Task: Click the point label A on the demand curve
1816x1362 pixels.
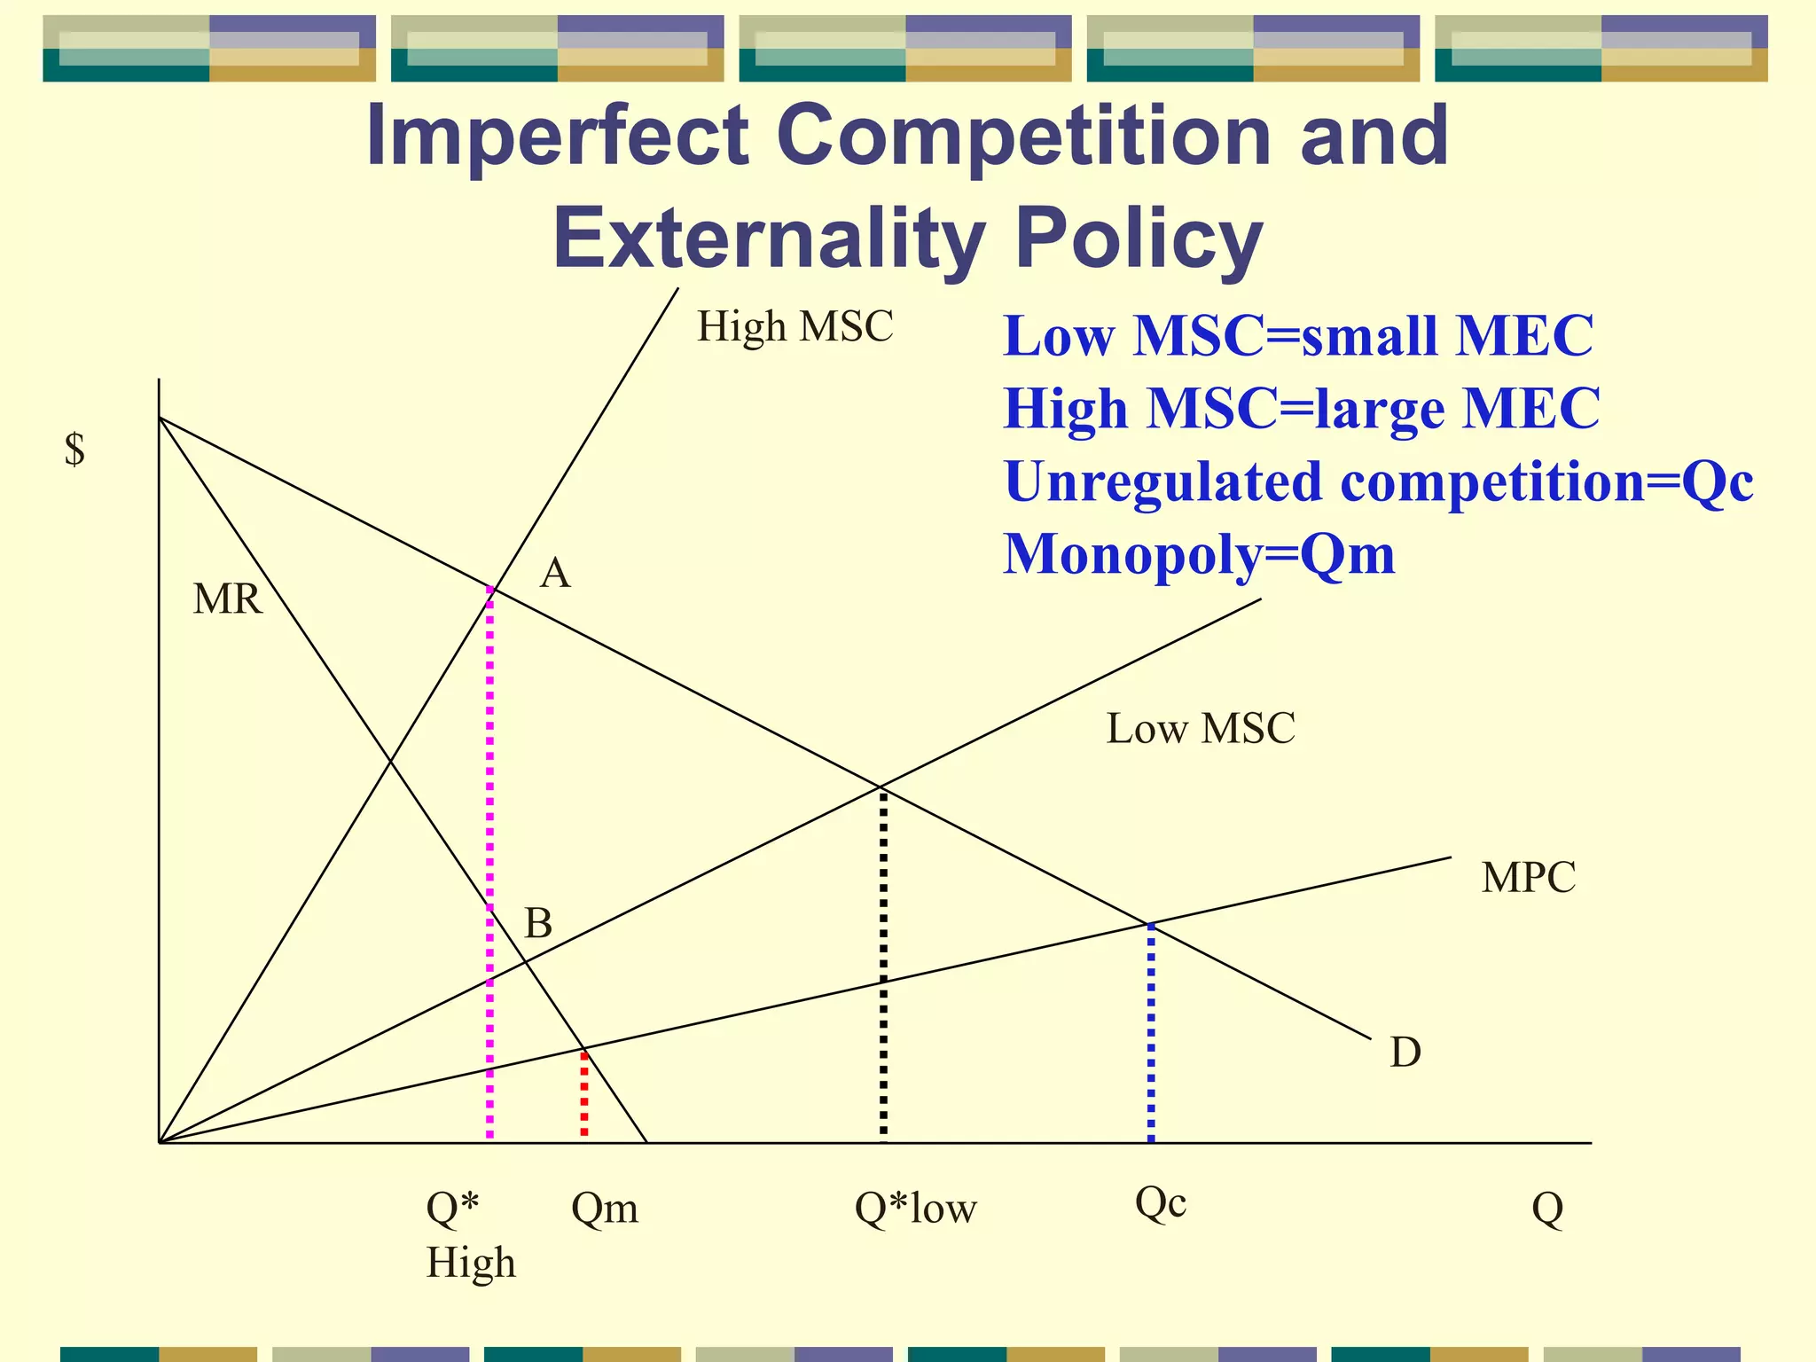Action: [555, 574]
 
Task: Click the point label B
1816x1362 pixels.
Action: [538, 924]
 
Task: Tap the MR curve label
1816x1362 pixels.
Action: [228, 599]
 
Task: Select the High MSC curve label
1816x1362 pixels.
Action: [794, 326]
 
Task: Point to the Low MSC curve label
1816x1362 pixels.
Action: [1201, 729]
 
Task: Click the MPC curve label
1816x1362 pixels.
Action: [1529, 878]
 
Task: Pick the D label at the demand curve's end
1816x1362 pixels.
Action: [1405, 1053]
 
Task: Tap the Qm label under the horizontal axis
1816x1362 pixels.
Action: [605, 1208]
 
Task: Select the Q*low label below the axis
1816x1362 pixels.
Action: [915, 1208]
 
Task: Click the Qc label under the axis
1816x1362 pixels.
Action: [1161, 1203]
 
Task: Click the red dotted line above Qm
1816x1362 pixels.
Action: [583, 1095]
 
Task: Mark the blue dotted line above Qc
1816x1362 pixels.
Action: [1151, 1033]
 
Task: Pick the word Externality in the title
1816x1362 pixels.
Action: [769, 239]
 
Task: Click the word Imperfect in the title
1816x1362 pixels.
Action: [557, 136]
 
